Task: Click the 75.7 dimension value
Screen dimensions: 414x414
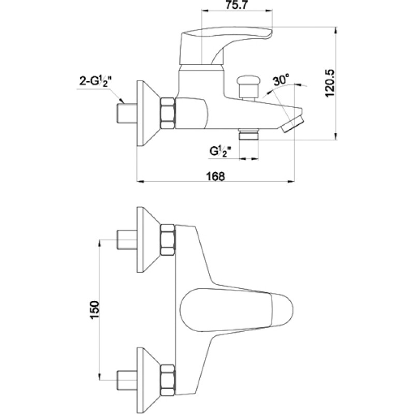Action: tap(236, 5)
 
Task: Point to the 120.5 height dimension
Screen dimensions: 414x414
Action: tap(330, 83)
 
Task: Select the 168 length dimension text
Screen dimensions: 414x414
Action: tap(215, 176)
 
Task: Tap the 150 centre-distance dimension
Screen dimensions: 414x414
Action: tap(94, 310)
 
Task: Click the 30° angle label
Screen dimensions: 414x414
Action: tap(282, 80)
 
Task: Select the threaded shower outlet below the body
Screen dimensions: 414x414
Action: tap(248, 135)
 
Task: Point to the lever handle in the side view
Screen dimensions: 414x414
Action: tap(225, 46)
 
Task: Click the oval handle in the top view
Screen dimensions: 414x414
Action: tap(236, 310)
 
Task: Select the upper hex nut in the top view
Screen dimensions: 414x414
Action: tap(168, 240)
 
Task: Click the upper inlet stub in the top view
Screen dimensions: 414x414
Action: tap(127, 240)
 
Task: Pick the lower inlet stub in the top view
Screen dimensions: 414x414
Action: tap(127, 380)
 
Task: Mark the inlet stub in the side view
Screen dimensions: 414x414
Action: tap(127, 113)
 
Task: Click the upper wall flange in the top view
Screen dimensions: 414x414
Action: tap(149, 240)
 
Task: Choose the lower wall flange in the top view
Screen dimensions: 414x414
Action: tap(149, 380)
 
